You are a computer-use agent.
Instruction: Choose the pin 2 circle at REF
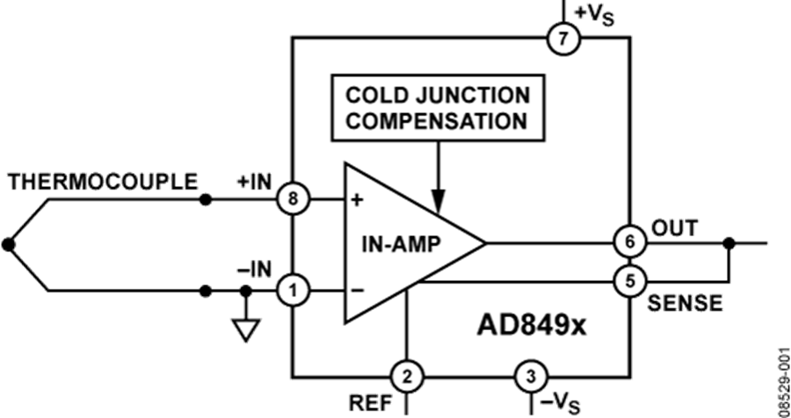pos(405,378)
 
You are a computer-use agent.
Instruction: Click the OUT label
pos(675,227)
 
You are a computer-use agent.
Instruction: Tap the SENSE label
pos(686,303)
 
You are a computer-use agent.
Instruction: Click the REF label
pos(366,401)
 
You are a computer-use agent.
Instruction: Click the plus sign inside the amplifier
pos(357,199)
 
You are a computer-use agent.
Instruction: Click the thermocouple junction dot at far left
pos(8,245)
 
